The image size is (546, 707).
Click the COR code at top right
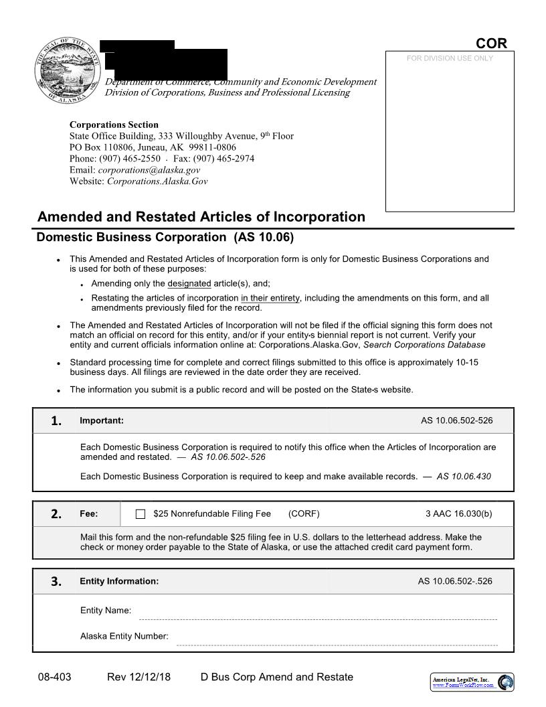click(x=491, y=44)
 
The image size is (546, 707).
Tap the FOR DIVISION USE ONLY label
click(x=450, y=58)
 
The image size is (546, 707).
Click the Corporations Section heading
click(x=114, y=125)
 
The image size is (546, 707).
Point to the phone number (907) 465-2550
click(x=130, y=159)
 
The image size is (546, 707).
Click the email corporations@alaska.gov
click(x=153, y=170)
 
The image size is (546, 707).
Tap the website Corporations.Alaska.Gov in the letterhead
click(x=157, y=181)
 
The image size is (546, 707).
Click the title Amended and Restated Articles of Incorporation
click(x=201, y=217)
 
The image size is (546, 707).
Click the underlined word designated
click(x=189, y=283)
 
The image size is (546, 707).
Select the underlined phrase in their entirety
click(x=270, y=298)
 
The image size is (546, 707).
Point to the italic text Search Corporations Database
click(x=424, y=345)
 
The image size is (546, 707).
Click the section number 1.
click(x=56, y=420)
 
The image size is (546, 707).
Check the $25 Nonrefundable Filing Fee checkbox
click(x=141, y=514)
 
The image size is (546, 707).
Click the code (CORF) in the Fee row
click(x=304, y=514)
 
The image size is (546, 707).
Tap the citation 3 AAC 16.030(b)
click(x=458, y=514)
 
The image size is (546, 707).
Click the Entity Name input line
click(x=317, y=615)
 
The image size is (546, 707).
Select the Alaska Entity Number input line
click(x=336, y=640)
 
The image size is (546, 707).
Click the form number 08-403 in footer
click(x=54, y=677)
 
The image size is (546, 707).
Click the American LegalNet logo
click(x=472, y=682)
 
